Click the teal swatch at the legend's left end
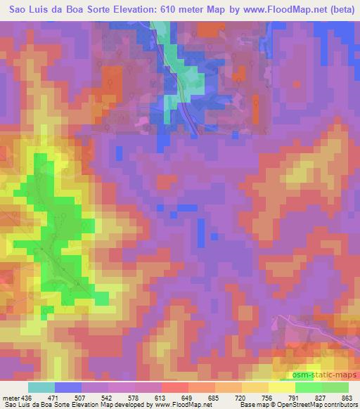coord(41,387)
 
